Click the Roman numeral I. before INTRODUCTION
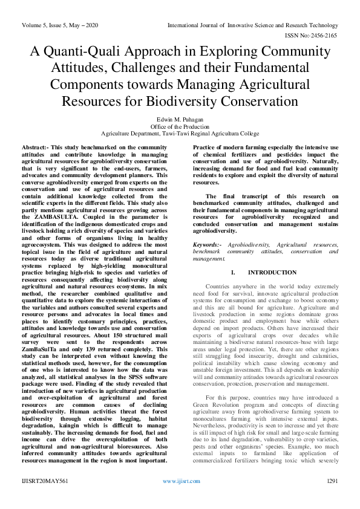pos(233,273)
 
